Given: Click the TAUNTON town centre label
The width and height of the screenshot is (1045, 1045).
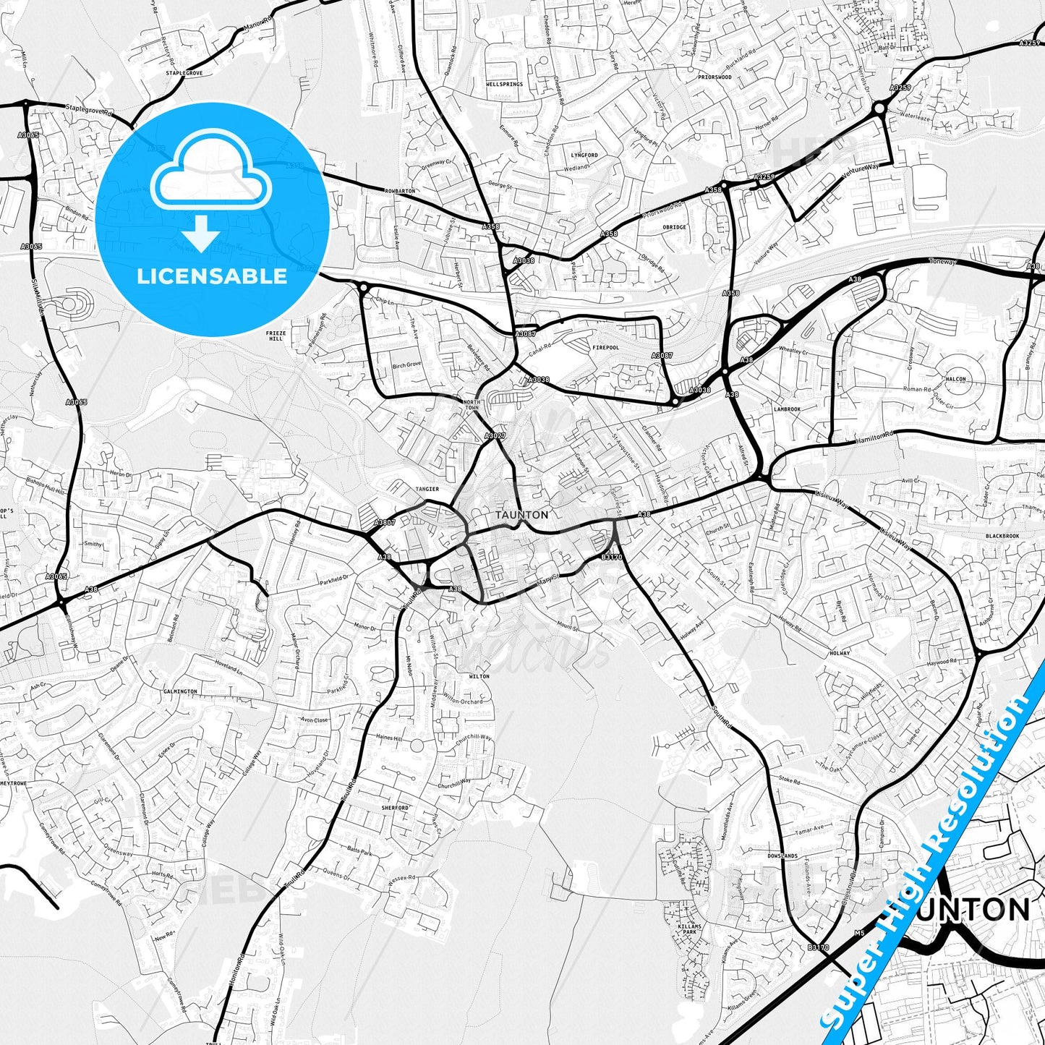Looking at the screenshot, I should click(x=521, y=514).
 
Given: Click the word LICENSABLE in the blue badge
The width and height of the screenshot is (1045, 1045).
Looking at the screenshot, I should click(x=212, y=276).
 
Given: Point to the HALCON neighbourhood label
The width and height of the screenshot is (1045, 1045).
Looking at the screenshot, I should click(x=955, y=379).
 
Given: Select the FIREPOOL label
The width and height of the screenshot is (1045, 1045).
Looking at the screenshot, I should click(x=605, y=348).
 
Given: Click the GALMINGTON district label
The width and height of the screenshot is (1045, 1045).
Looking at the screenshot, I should click(x=180, y=691).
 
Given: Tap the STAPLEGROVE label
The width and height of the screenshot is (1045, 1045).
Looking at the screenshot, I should click(x=184, y=73).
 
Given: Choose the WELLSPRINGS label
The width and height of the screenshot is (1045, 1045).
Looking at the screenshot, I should click(x=504, y=85).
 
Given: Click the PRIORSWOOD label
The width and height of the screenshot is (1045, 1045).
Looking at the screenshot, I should click(x=715, y=77).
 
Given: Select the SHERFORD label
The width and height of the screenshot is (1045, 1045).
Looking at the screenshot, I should click(x=395, y=808).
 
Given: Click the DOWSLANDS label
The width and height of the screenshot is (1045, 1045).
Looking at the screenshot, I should click(x=782, y=856).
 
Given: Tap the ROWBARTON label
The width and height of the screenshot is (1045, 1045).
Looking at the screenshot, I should click(x=400, y=191).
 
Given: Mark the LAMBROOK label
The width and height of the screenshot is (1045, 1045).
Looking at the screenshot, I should click(x=787, y=409).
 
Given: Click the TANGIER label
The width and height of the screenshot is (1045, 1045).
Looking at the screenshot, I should click(x=427, y=489).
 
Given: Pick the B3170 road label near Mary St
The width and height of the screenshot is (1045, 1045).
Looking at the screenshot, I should click(x=612, y=558).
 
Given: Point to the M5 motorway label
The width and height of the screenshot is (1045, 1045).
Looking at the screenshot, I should click(x=859, y=934).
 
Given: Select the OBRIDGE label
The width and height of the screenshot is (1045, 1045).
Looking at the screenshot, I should click(x=674, y=227).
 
